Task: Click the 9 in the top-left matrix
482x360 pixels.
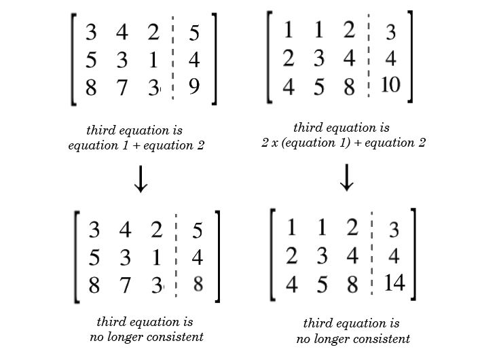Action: (x=194, y=88)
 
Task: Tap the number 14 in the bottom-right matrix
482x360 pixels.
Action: (x=393, y=282)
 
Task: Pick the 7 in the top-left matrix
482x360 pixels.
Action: (x=122, y=88)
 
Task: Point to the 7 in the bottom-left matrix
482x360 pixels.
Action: (x=125, y=285)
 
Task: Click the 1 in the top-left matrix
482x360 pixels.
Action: (x=153, y=60)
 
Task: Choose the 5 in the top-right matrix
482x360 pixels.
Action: (x=318, y=88)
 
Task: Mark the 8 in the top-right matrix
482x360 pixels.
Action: (x=349, y=88)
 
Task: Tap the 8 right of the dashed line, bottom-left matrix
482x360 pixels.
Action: (x=198, y=284)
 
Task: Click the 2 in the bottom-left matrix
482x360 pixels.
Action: (x=157, y=230)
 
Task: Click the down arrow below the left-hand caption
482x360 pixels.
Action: (x=140, y=179)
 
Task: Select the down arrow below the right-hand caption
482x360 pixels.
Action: (x=347, y=177)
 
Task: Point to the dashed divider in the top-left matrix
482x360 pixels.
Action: (x=173, y=61)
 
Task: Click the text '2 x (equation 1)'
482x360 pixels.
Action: (x=299, y=143)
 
